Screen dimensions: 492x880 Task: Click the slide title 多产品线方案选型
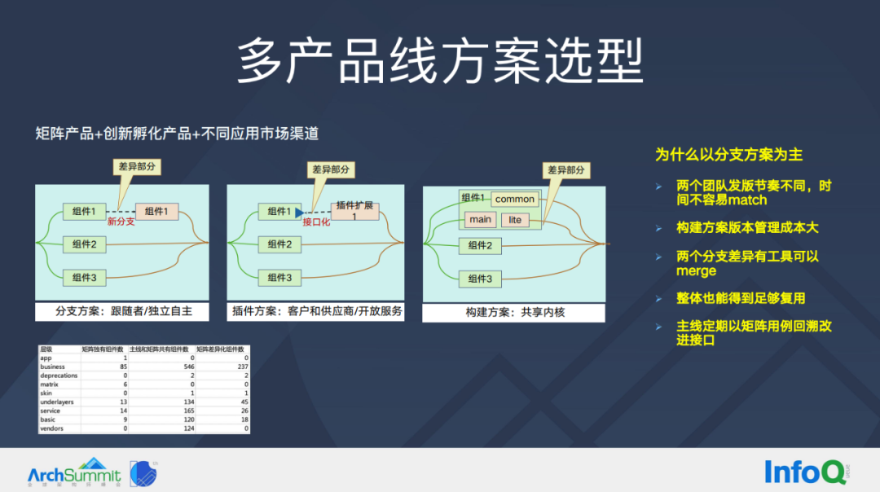440,62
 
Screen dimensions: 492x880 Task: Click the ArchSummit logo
74,472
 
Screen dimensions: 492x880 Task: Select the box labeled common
515,199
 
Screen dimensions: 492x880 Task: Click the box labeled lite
515,220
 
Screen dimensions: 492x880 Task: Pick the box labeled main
480,220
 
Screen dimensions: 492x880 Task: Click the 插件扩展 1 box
354,212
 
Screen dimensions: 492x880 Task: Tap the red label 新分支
121,222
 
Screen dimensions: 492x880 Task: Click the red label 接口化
316,222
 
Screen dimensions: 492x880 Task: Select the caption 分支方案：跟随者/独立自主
121,311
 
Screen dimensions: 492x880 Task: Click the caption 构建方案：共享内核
513,312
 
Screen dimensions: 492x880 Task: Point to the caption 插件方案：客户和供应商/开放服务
316,311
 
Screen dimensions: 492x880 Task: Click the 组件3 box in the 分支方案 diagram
85,278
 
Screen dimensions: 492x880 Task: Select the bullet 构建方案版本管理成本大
747,228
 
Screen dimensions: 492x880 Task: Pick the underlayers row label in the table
58,402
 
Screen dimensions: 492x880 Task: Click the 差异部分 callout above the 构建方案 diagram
566,170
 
